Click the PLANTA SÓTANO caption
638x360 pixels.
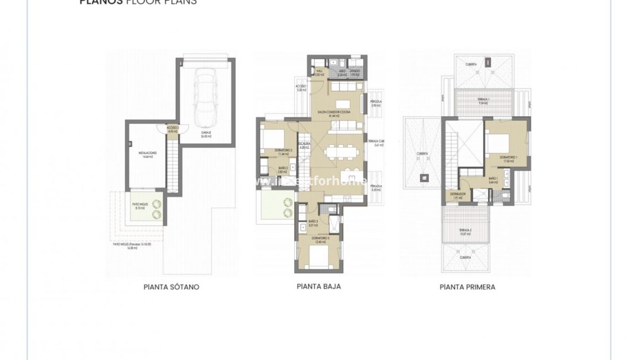tap(171, 287)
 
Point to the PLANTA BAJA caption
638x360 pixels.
tap(318, 286)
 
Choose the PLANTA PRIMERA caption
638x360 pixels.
tap(467, 287)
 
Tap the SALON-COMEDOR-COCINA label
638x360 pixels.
tap(338, 113)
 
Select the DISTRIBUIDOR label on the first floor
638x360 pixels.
tap(458, 195)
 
